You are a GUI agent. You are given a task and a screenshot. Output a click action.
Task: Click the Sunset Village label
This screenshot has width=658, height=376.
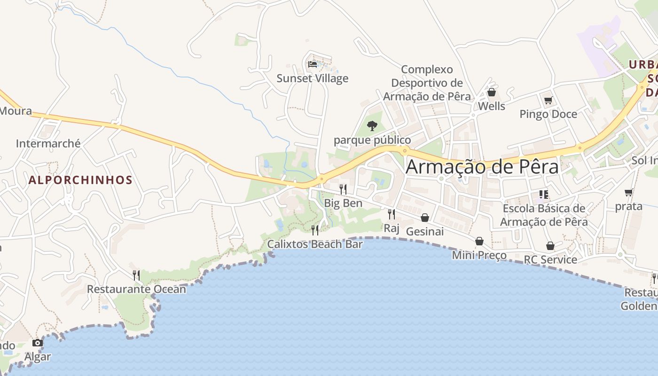pos(312,78)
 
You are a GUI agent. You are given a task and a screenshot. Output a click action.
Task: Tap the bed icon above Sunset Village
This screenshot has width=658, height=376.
pos(312,64)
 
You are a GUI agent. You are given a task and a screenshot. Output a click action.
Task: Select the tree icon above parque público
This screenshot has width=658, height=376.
pos(372,125)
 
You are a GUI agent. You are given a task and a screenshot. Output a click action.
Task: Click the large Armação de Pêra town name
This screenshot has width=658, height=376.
pos(482,167)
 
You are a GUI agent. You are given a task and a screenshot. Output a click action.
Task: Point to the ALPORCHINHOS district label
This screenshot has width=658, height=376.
pos(80,180)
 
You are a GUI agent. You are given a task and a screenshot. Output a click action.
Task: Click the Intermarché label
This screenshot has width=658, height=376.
pos(48,143)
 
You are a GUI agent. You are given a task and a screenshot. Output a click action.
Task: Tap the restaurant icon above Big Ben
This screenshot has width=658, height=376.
pos(343,189)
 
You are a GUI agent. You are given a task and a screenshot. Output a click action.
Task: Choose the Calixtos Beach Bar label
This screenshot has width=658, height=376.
pos(315,244)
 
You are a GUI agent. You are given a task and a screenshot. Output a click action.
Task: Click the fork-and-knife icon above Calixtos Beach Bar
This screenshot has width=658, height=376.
pos(315,230)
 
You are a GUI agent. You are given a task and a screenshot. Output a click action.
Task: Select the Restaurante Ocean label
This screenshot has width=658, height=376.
pos(136,289)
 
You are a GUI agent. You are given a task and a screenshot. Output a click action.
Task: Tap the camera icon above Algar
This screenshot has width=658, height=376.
pos(38,343)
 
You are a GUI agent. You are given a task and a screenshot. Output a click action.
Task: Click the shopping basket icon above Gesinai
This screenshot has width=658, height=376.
pos(425,218)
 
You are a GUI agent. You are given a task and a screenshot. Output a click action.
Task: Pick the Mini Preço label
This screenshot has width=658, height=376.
pos(479,255)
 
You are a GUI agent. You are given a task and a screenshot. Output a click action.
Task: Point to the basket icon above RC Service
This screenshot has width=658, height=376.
pos(550,246)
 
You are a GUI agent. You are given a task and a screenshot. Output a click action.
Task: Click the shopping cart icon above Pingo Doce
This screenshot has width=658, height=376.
pos(548,100)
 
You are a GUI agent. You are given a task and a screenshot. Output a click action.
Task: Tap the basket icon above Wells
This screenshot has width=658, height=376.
pos(492,92)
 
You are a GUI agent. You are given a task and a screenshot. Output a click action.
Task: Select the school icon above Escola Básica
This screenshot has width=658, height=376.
pos(544,194)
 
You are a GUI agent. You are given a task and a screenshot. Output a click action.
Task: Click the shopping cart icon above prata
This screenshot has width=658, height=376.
pos(629,192)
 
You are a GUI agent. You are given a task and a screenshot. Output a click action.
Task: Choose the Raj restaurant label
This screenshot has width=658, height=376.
pos(392,228)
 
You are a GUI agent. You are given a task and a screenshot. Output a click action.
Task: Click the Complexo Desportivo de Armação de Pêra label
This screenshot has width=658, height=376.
pos(427,83)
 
